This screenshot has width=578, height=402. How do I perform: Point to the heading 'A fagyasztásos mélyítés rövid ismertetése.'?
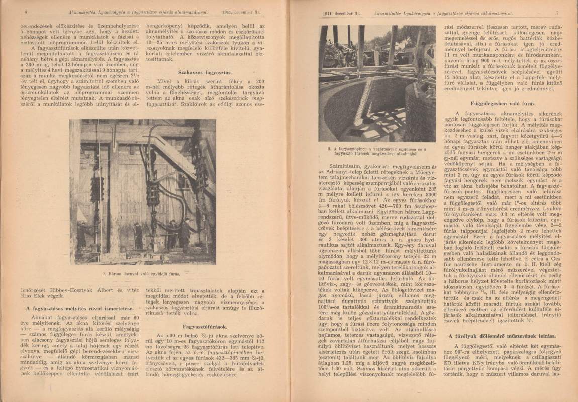(75, 307)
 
